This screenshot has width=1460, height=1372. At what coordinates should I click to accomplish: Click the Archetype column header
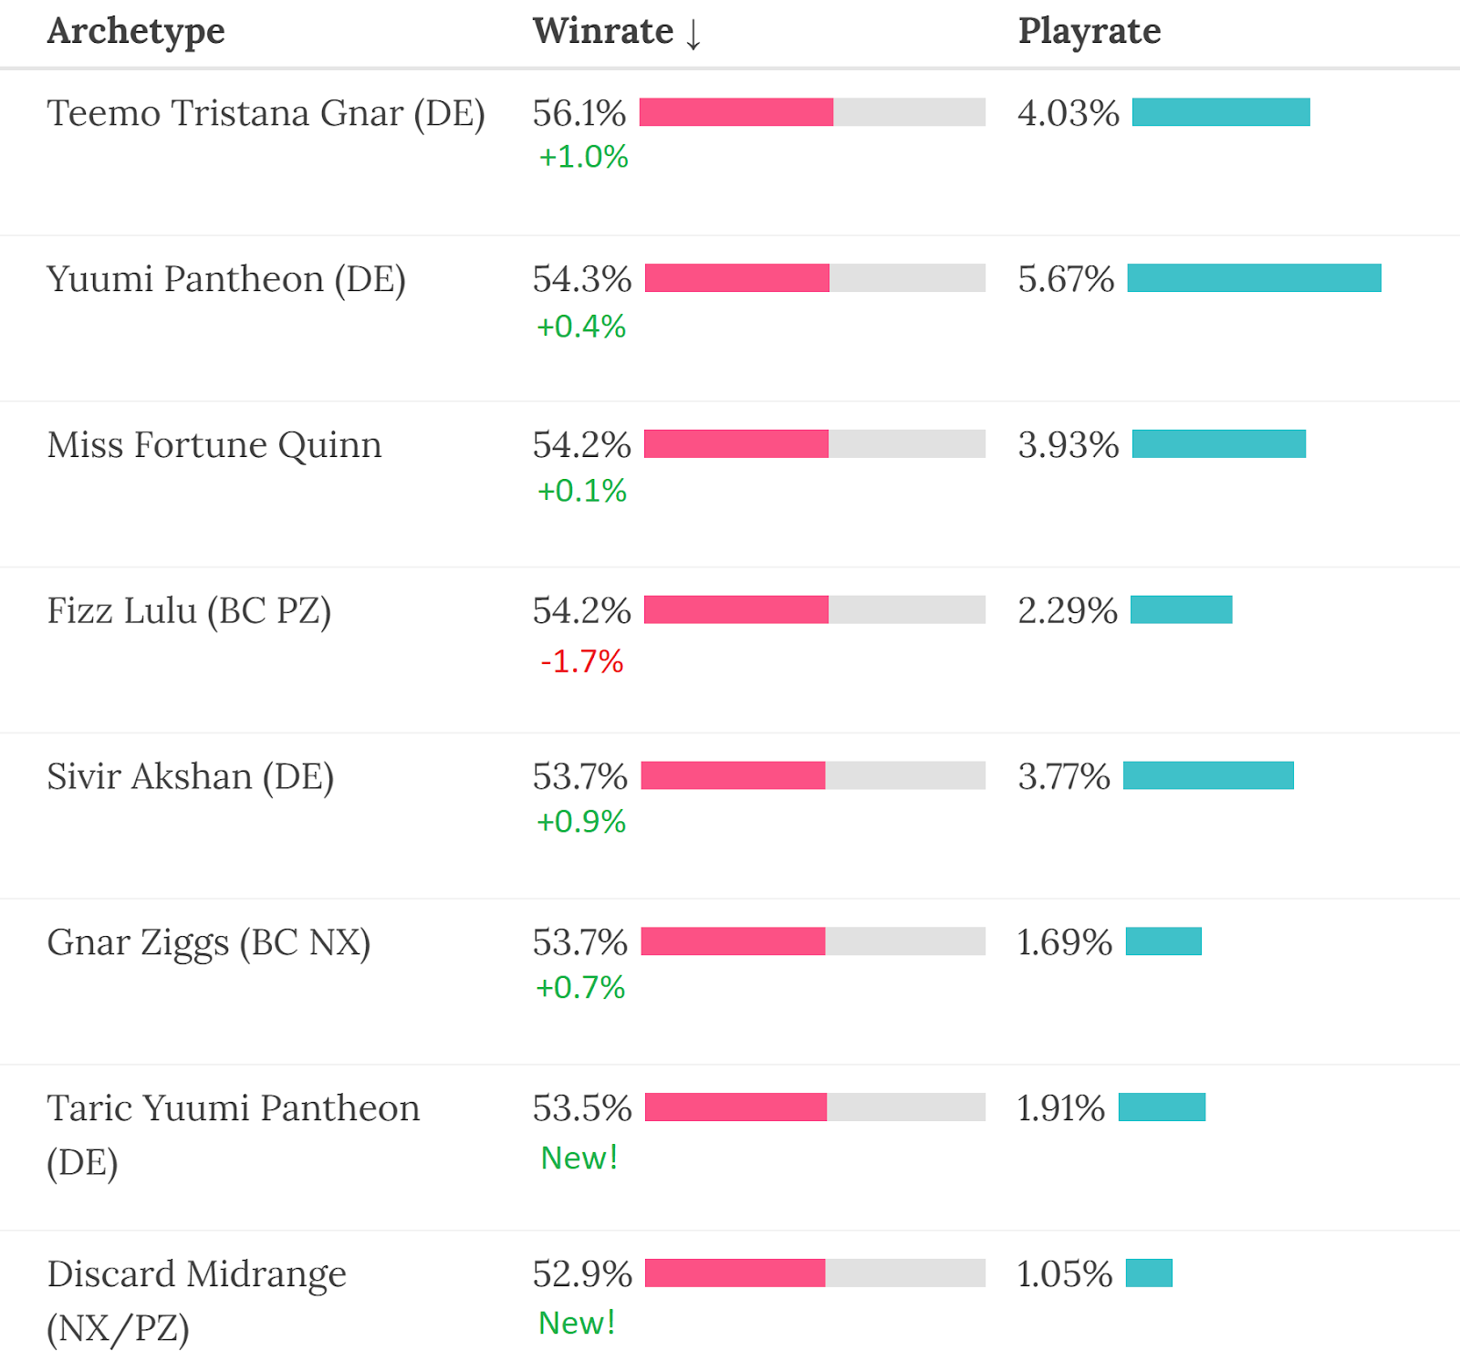click(x=136, y=32)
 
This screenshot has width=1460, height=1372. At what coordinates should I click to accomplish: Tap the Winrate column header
click(x=602, y=32)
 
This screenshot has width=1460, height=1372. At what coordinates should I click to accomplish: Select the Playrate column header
click(x=1090, y=32)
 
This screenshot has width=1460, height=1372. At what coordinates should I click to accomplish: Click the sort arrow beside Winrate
click(x=693, y=34)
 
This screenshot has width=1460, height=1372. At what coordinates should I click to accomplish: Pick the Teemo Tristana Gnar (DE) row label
click(x=266, y=114)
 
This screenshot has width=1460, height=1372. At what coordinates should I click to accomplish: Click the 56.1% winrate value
click(x=579, y=114)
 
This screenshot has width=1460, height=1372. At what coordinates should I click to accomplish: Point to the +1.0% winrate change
click(x=583, y=157)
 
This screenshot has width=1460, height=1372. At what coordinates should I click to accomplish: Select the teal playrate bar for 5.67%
click(x=1254, y=278)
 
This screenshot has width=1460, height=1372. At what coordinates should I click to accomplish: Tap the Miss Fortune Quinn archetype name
click(x=214, y=445)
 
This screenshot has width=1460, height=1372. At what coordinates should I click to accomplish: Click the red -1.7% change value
click(x=581, y=661)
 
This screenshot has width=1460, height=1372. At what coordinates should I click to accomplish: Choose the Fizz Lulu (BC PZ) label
click(x=189, y=611)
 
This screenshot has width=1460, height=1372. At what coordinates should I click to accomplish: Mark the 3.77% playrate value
click(x=1064, y=777)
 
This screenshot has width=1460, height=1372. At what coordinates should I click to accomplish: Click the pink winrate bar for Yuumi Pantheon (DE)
click(x=737, y=278)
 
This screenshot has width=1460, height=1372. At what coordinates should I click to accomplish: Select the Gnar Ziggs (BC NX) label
click(x=209, y=943)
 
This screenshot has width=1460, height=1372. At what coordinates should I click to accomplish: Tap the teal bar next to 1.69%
click(x=1163, y=941)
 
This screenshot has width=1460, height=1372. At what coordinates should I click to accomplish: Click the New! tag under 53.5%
click(x=579, y=1158)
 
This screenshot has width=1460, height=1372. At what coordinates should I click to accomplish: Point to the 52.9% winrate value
click(x=582, y=1274)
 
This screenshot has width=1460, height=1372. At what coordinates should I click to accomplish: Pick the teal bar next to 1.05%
click(x=1149, y=1273)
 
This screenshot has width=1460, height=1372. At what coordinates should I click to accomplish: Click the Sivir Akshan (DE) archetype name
click(x=191, y=777)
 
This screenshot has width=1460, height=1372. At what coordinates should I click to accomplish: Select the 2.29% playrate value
click(x=1068, y=611)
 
